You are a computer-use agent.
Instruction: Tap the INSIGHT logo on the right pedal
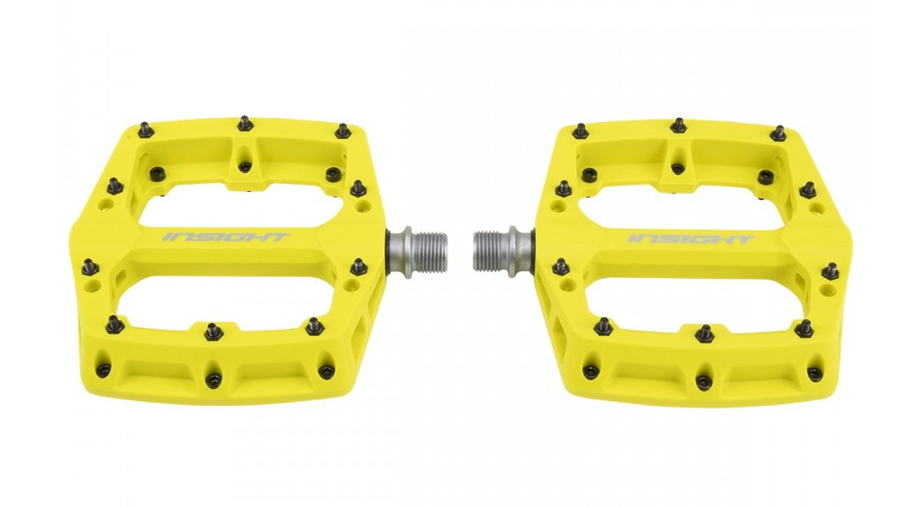click(x=691, y=239)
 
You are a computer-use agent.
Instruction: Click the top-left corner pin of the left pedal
click(x=144, y=130)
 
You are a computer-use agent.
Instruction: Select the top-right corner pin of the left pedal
click(x=344, y=130)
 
